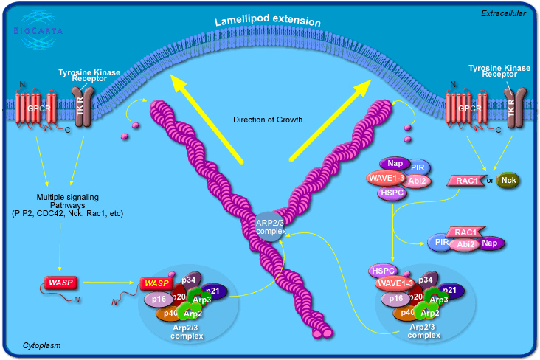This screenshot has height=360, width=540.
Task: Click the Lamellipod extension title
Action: pyautogui.click(x=268, y=21)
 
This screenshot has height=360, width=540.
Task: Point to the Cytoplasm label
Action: pyautogui.click(x=41, y=345)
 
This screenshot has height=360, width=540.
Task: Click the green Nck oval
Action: pyautogui.click(x=508, y=180)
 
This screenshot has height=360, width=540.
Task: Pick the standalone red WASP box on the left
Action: pyautogui.click(x=60, y=282)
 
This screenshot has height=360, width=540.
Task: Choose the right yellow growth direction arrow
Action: pyautogui.click(x=332, y=118)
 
